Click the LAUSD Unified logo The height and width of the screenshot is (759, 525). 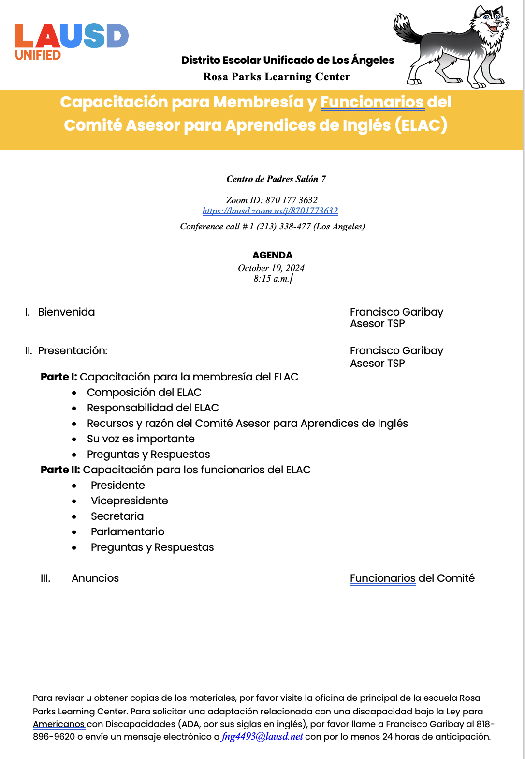coord(72,42)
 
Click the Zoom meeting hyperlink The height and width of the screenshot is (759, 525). coord(270,211)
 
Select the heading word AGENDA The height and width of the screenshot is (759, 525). coord(272,255)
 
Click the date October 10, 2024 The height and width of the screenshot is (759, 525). coord(271,268)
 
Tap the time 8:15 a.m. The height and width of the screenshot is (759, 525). coord(271,279)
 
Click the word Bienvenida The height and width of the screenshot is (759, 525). coord(66,312)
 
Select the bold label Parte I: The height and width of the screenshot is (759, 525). coord(58,377)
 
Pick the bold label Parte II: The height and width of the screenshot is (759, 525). coord(60,470)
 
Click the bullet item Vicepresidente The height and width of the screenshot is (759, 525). coord(129,501)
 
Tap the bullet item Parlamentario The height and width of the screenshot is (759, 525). coord(127,532)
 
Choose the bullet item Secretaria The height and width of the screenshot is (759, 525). coord(117,516)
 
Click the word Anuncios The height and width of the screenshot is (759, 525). coord(95,578)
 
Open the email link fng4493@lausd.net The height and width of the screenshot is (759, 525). coord(262,737)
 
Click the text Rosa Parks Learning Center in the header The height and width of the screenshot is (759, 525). coord(276,77)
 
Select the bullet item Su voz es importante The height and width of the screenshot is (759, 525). coord(141,439)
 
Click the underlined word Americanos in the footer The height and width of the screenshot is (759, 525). coord(58,724)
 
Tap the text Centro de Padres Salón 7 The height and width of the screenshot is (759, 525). coord(276,179)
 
